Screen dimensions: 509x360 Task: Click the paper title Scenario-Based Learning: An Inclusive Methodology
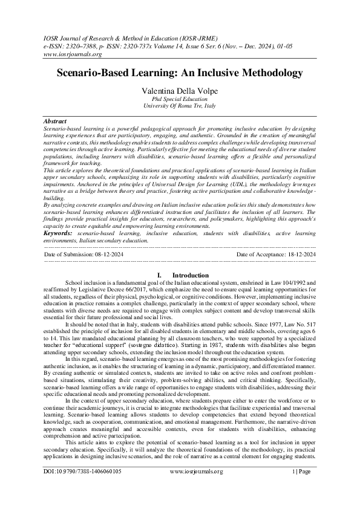(x=179, y=73)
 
